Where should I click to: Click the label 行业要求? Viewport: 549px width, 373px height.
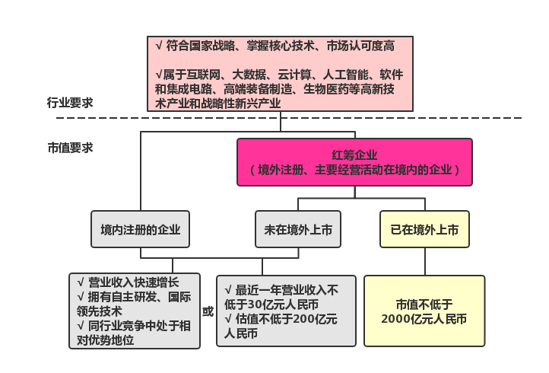coord(70,103)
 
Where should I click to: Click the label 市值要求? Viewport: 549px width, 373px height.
coord(70,148)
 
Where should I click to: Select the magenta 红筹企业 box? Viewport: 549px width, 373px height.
coord(354,161)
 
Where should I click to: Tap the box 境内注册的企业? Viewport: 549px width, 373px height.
coord(141,229)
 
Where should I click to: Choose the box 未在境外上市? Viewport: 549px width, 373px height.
coord(297,229)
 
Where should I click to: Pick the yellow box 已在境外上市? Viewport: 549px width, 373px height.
coord(424,229)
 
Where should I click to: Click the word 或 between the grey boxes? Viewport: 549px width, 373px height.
coord(208,311)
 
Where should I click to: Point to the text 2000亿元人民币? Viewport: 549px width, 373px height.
coord(424,319)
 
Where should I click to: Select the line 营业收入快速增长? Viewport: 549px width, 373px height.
coord(129,282)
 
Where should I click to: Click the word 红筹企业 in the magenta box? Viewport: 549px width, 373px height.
coord(354,155)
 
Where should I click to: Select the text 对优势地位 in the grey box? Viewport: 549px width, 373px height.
coord(106,340)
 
